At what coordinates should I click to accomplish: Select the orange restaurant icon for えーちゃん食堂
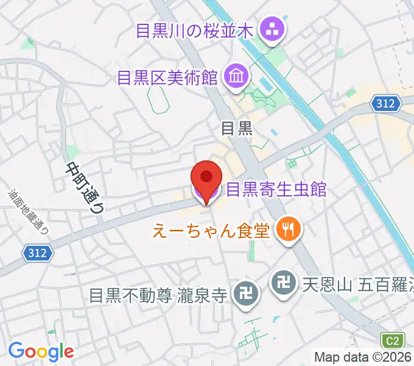tap(286, 229)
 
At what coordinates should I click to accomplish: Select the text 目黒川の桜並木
tap(195, 29)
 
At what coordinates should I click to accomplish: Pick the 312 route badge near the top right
tap(387, 104)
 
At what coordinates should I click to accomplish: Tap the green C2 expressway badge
tap(393, 340)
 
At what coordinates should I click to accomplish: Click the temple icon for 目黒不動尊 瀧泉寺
tap(247, 295)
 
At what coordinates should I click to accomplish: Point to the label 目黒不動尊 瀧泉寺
tap(158, 296)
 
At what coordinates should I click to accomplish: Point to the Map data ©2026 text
tap(363, 357)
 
